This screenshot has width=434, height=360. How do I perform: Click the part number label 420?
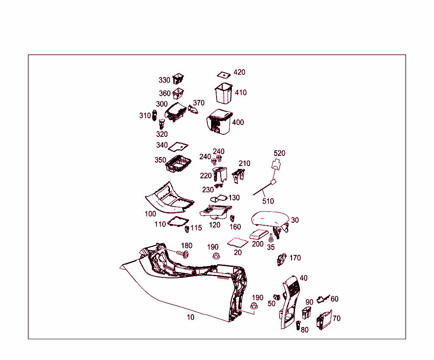coord(239,72)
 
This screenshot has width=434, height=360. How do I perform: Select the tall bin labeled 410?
coord(223,94)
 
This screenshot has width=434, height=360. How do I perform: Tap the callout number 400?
coord(238,122)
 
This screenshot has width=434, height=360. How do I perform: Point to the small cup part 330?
coord(179,78)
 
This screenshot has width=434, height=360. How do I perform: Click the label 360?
coord(164,94)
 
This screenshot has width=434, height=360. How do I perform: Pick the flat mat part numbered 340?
coord(178,147)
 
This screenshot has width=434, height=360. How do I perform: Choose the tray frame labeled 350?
coord(178,164)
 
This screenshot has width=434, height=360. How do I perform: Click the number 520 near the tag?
coord(279,153)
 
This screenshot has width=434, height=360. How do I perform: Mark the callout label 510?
coord(268,202)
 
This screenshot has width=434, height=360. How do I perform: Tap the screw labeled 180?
coord(183,254)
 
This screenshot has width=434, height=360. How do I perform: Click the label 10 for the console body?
coord(191,317)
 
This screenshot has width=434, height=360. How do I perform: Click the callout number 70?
coord(337,318)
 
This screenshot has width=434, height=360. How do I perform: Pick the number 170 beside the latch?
coord(295,258)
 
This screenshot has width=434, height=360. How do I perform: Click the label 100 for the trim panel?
coord(150,214)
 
